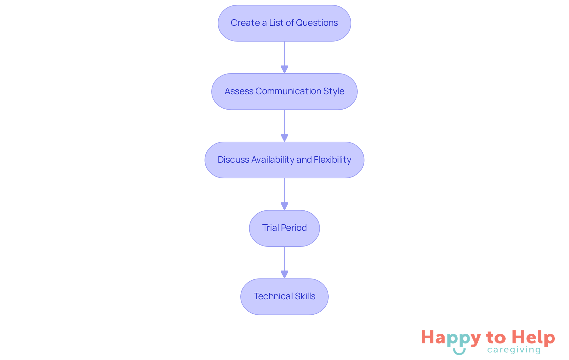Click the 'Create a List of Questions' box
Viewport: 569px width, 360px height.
coord(284,23)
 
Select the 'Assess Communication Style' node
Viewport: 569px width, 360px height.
coord(284,92)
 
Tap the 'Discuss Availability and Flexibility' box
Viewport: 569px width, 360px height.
coord(284,160)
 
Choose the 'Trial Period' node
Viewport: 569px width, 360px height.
coord(284,228)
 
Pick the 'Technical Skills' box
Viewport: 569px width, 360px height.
coord(284,297)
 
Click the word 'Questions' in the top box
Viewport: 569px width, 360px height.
coord(317,23)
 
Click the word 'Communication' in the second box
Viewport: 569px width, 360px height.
coord(288,91)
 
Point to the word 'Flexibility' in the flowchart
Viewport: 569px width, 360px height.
coord(332,160)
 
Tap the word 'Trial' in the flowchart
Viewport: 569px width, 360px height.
coord(270,228)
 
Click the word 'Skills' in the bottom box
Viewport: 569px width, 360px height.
coord(305,296)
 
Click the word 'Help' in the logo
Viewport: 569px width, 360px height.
coord(533,338)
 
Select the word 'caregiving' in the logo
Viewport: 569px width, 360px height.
coord(514,350)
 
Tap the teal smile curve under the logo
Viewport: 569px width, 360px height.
coord(459,352)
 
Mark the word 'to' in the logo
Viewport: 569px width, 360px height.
coord(496,338)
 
